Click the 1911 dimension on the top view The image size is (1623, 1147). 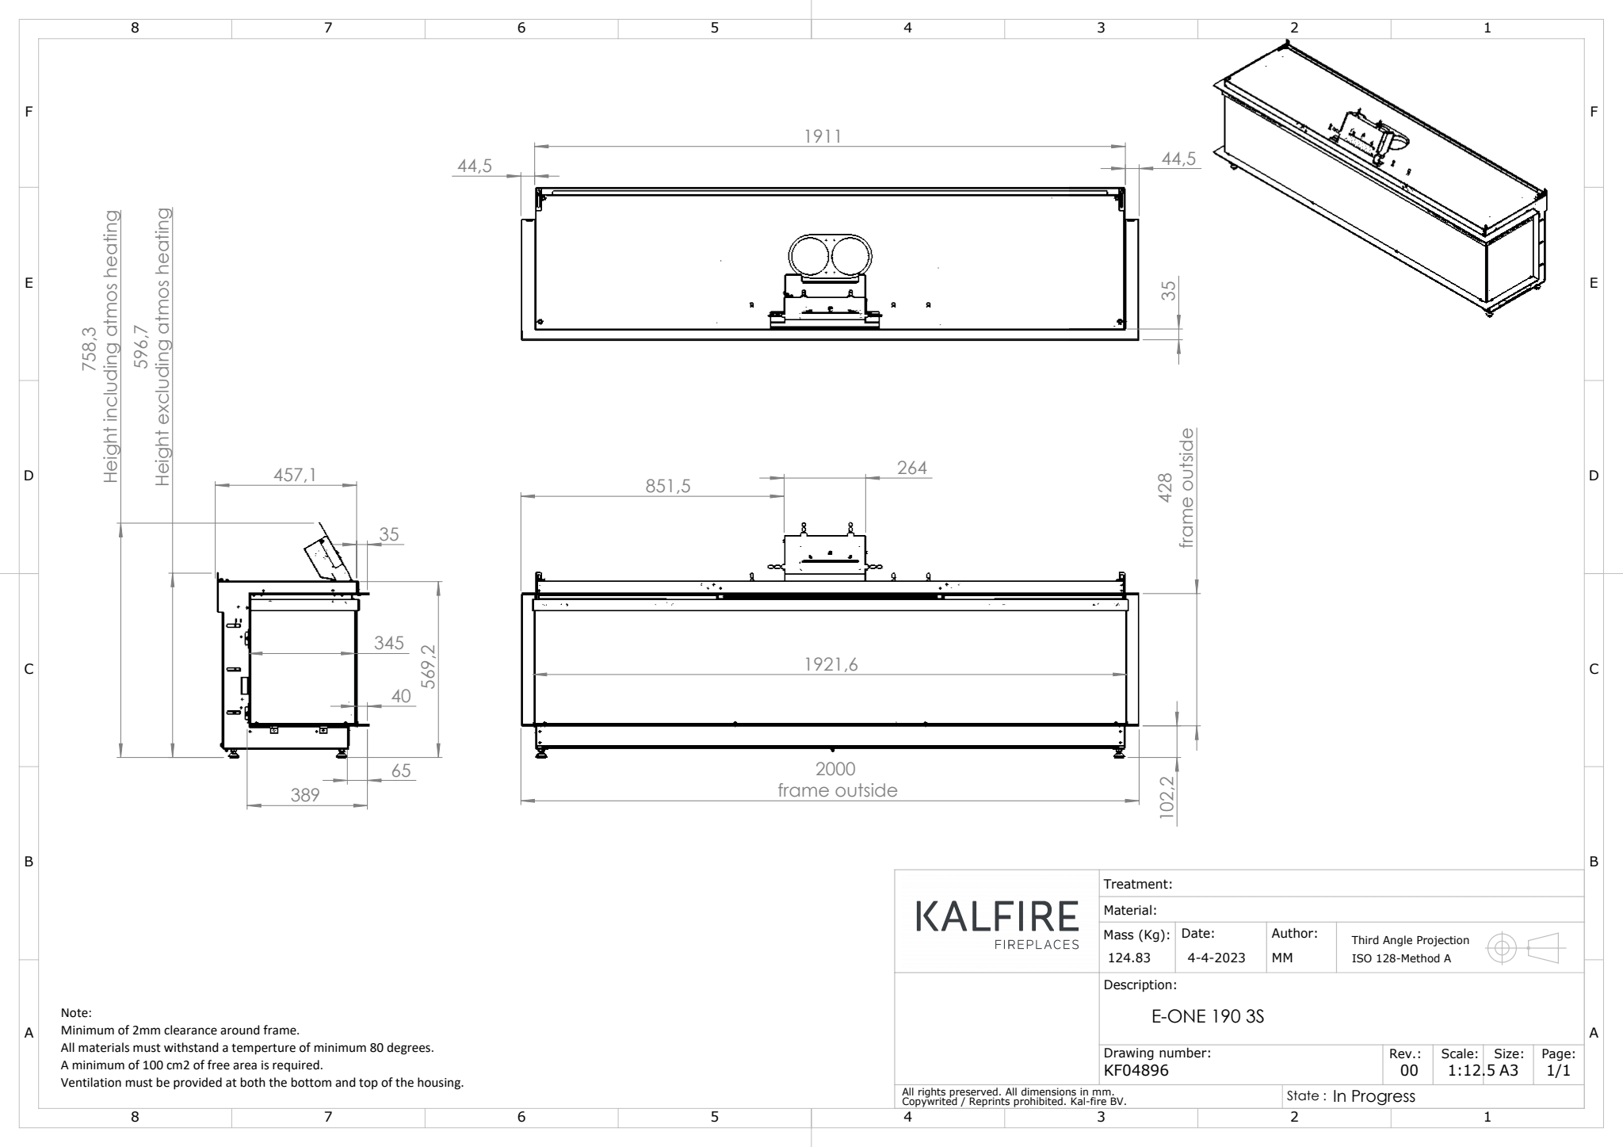tap(823, 136)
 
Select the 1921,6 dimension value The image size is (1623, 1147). tap(831, 664)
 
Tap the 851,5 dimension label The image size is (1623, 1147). tap(667, 486)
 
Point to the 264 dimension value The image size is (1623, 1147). tap(912, 468)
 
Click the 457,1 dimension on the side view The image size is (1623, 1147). tap(295, 474)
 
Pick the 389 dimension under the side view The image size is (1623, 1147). tap(305, 795)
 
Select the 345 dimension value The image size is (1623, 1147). tap(389, 643)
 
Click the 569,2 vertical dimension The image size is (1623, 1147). tap(428, 667)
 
